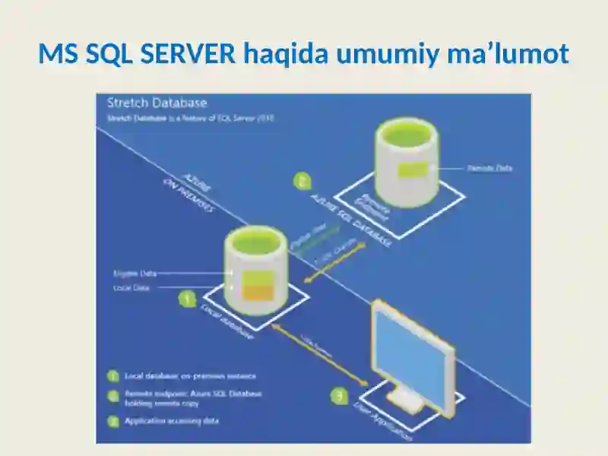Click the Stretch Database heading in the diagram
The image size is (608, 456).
click(157, 103)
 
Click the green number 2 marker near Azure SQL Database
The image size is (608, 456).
click(302, 181)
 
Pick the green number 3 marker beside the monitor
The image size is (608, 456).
click(339, 395)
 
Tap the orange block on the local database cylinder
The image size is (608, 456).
click(256, 293)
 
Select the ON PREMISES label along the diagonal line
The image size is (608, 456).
click(188, 196)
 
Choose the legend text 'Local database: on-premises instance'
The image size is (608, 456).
click(191, 375)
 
